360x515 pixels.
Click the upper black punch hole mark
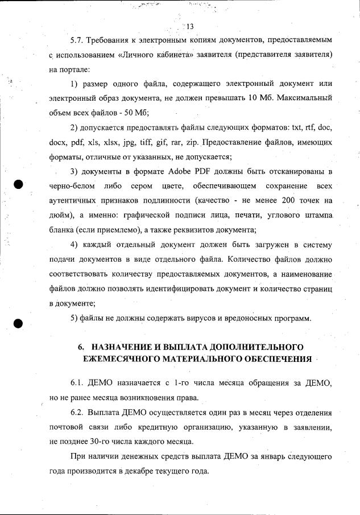[x=19, y=184]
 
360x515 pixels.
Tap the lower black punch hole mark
[x=19, y=322]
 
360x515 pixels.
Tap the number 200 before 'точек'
[x=289, y=201]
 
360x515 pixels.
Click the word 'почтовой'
[x=67, y=426]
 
